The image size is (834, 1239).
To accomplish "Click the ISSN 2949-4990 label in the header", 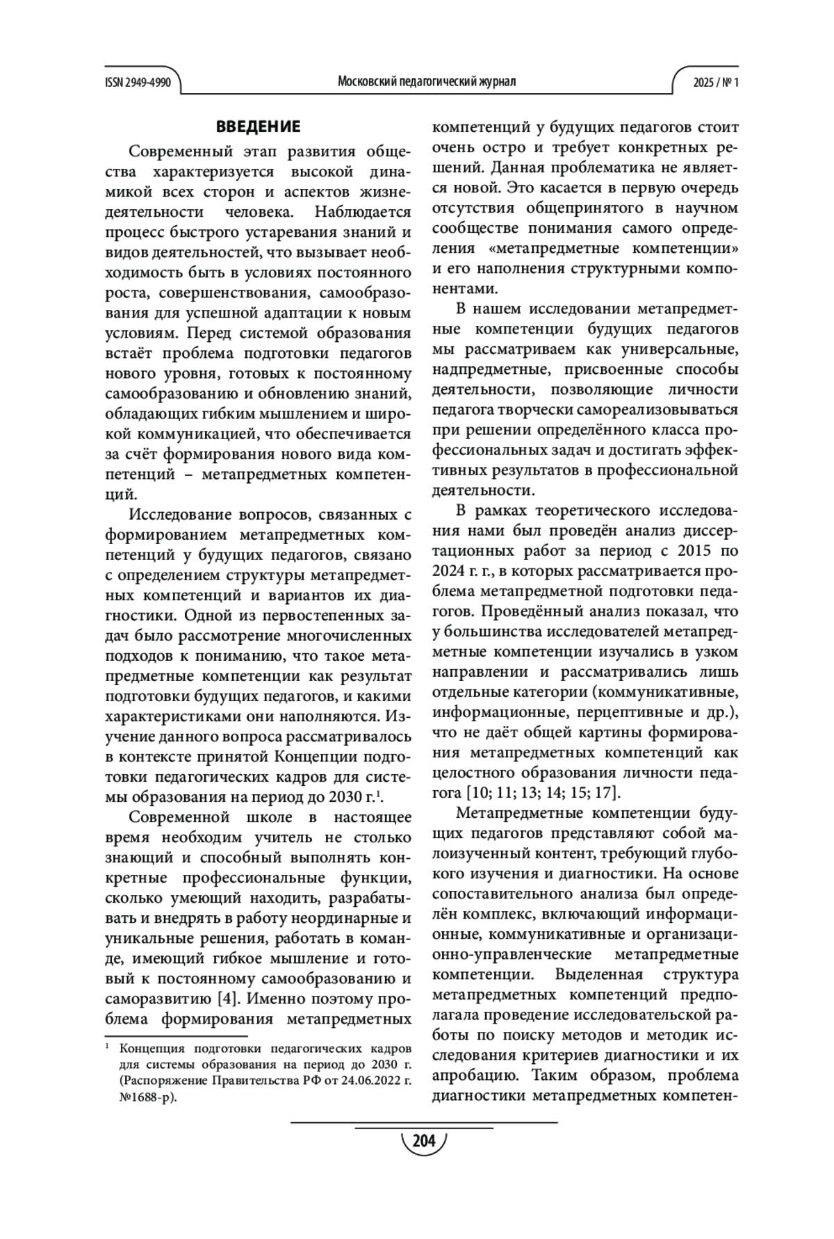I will pos(138,82).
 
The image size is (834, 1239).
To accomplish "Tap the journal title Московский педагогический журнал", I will pos(426,82).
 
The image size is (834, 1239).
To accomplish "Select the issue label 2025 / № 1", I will pos(715,82).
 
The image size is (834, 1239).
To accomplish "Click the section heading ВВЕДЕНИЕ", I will pos(258,126).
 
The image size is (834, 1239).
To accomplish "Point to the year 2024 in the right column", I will pos(449,571).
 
